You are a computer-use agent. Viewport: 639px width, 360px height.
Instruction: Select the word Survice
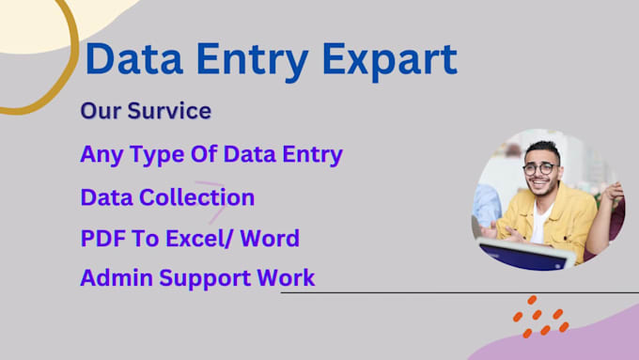(x=168, y=111)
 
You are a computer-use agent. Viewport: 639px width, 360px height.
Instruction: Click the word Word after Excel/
(x=269, y=238)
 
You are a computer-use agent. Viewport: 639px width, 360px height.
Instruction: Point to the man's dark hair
(x=542, y=149)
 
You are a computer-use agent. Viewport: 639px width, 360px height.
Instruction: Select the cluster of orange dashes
(x=540, y=318)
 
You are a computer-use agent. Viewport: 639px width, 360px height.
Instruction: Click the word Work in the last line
(x=287, y=278)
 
